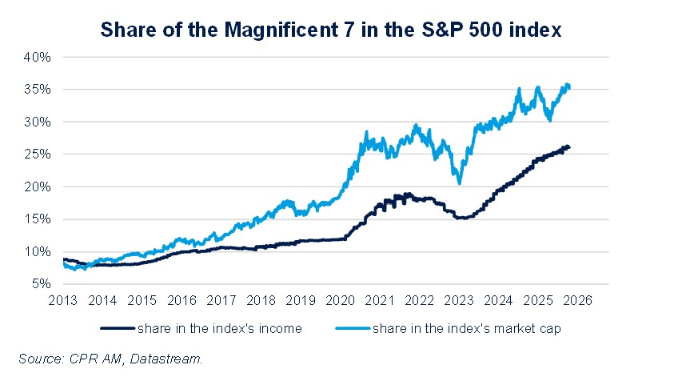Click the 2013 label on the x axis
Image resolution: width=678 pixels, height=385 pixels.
click(62, 301)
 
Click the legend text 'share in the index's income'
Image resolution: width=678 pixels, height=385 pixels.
click(219, 328)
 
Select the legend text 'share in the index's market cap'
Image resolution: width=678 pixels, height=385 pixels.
click(457, 328)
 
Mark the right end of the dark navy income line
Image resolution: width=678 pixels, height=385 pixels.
click(569, 147)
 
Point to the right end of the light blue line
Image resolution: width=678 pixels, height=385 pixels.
click(569, 87)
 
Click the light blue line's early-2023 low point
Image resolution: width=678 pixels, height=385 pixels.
click(459, 183)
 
